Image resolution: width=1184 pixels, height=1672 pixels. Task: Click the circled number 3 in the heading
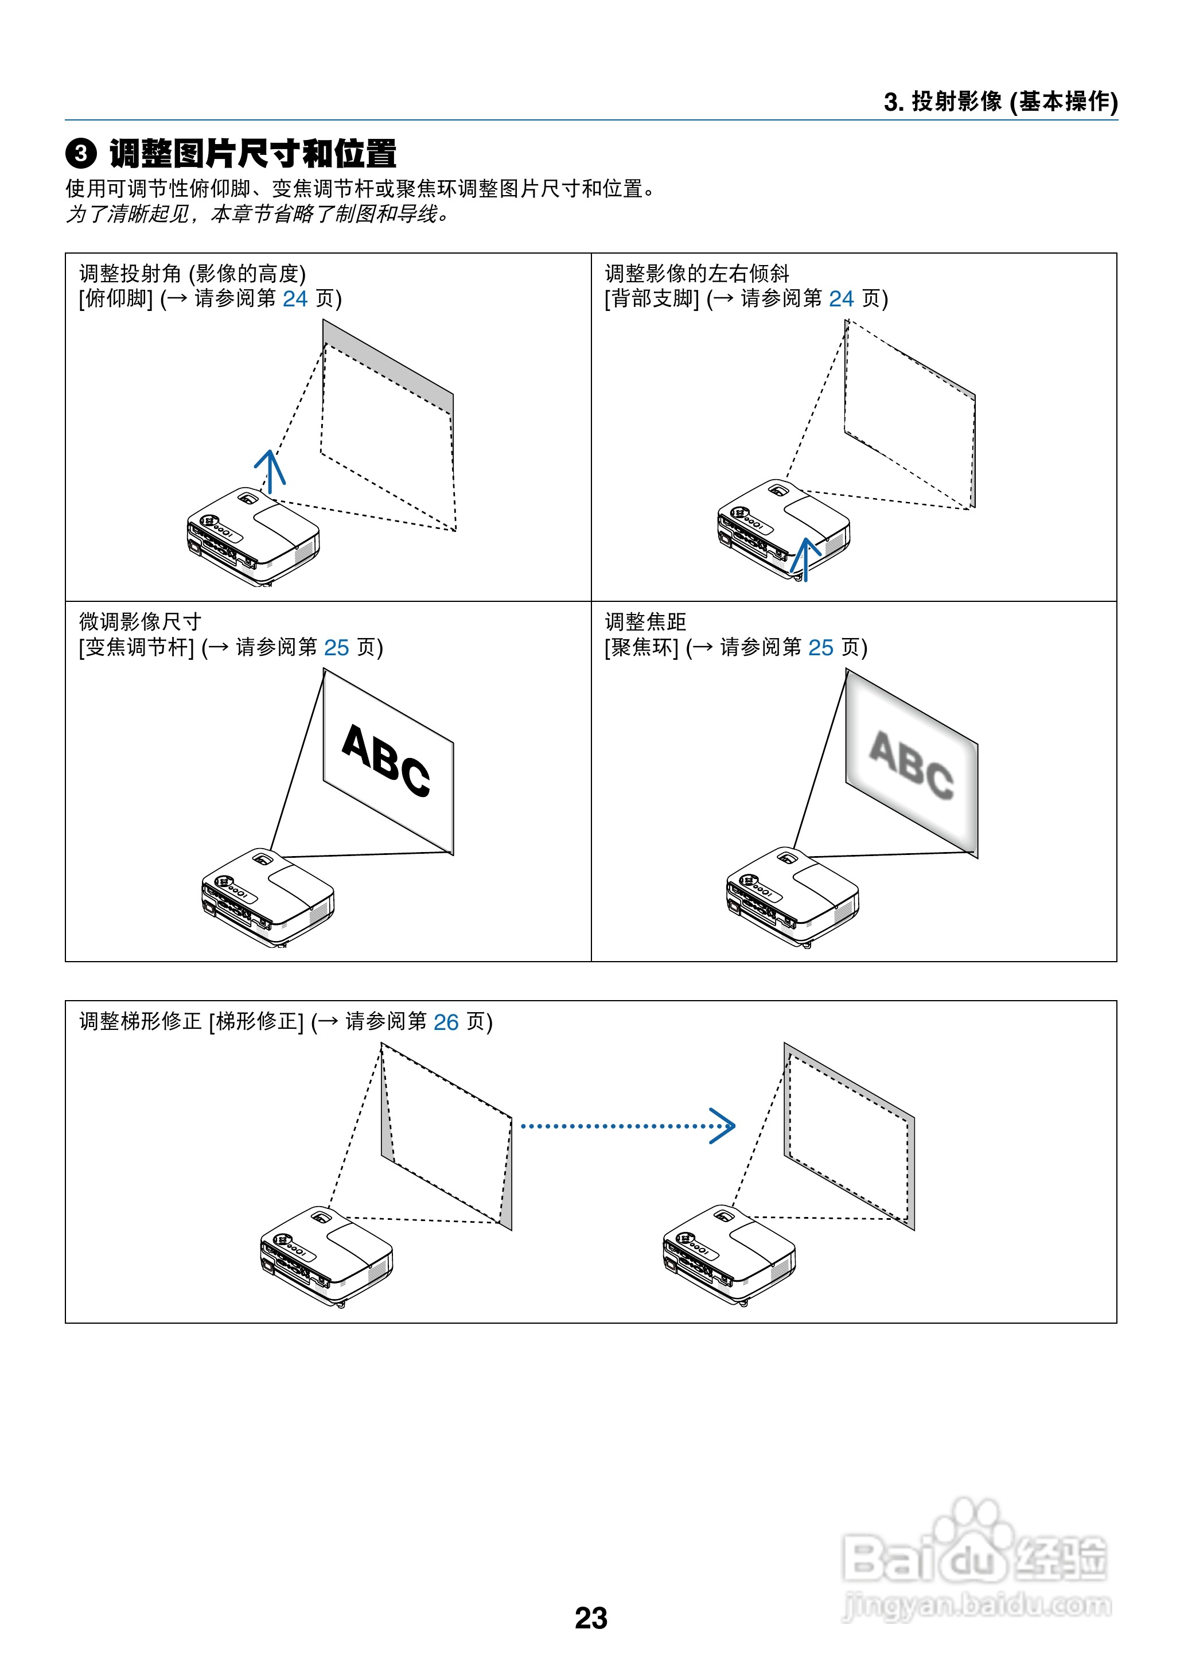(x=81, y=154)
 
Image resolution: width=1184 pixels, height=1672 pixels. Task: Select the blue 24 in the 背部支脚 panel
(x=842, y=299)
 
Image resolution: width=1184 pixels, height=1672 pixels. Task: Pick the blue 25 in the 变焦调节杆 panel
(x=336, y=647)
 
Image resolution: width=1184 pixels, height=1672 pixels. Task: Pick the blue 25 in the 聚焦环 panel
(x=820, y=647)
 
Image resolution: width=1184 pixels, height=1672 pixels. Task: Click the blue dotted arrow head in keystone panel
(x=723, y=1126)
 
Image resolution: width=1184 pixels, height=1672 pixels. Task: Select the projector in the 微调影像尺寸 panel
(x=267, y=897)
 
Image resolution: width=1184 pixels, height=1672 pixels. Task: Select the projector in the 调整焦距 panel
(x=793, y=897)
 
